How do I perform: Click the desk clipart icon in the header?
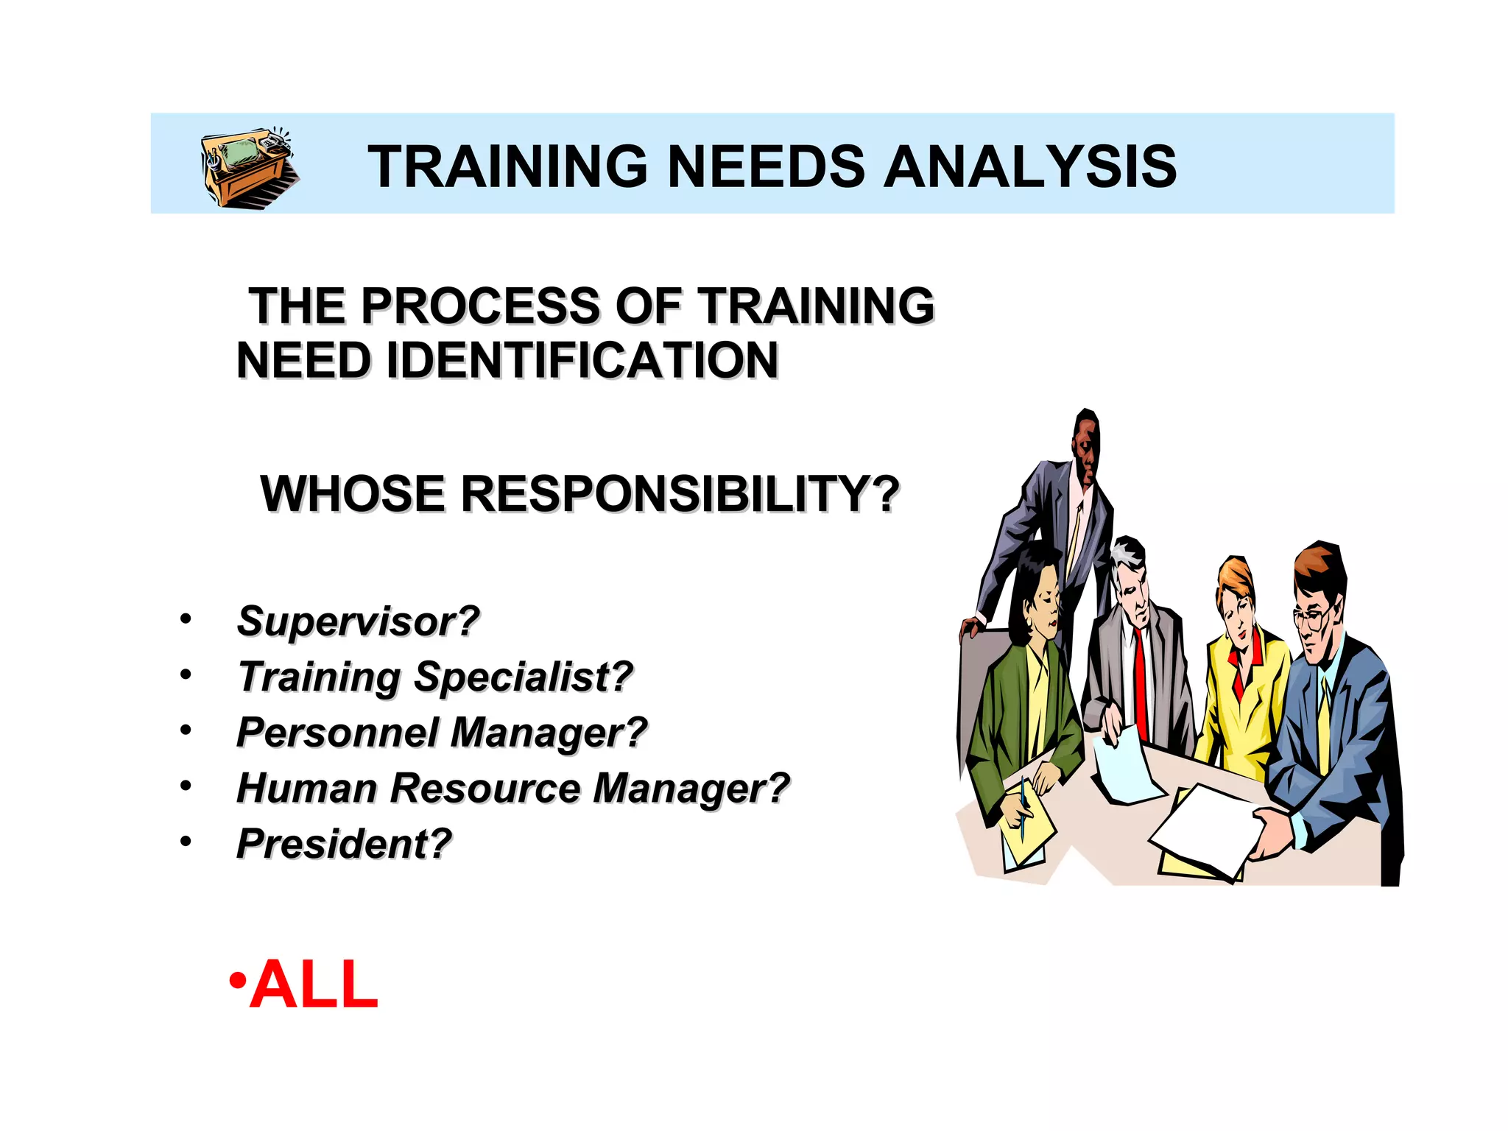click(248, 168)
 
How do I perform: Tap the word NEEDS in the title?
click(766, 166)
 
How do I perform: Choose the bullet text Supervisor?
click(358, 621)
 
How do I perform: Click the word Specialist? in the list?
click(523, 677)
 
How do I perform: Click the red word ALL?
click(314, 984)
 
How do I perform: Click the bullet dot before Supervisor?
click(186, 619)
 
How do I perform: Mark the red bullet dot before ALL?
click(237, 982)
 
